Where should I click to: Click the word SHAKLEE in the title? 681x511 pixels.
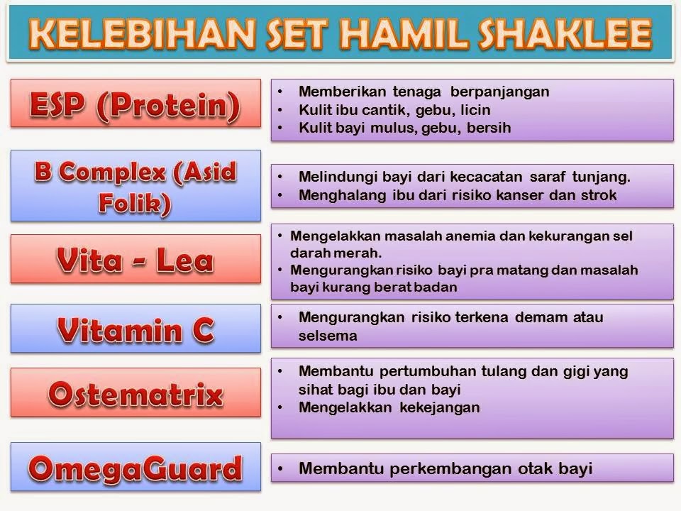tap(565, 33)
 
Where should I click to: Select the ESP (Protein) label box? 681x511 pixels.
tap(135, 104)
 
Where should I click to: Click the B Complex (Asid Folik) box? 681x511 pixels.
tap(135, 186)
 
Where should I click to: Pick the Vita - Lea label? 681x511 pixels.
tap(135, 259)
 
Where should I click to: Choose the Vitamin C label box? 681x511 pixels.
tap(135, 328)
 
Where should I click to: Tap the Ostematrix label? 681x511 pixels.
tap(135, 392)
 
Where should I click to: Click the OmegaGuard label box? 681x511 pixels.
tap(135, 467)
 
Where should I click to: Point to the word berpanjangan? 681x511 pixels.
tap(499, 92)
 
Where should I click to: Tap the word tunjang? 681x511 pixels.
tap(601, 177)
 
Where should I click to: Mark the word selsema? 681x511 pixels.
tap(328, 336)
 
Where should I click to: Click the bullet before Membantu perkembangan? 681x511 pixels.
tap(280, 469)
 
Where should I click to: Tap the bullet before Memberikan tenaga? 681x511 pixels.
tap(280, 92)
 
